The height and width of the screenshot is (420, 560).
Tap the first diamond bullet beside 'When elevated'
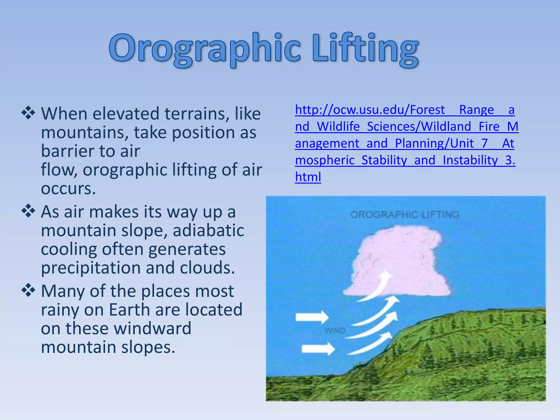coord(28,113)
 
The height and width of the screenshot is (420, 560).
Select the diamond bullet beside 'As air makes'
coord(28,211)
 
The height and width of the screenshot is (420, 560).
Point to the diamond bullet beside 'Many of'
coord(28,290)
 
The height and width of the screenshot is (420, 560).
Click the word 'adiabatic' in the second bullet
coord(208,231)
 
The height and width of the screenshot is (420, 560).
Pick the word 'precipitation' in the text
coord(90,268)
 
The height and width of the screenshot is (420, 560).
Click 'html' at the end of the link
coord(308,177)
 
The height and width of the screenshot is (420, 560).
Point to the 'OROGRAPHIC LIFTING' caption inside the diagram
coord(405,215)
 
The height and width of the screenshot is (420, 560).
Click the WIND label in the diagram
coord(335,331)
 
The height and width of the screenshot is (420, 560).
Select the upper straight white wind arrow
coord(312,317)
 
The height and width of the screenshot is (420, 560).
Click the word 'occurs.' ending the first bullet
coord(68,189)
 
